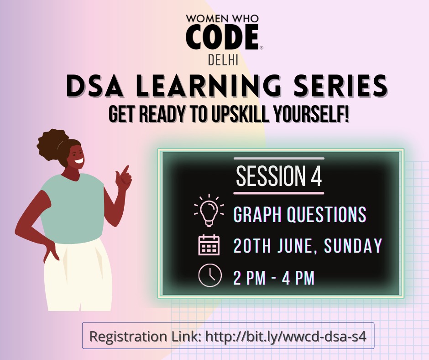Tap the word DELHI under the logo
[x=222, y=60]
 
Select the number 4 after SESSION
[x=316, y=176]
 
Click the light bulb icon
[x=209, y=211]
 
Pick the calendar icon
[x=209, y=245]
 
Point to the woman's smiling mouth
[x=79, y=161]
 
